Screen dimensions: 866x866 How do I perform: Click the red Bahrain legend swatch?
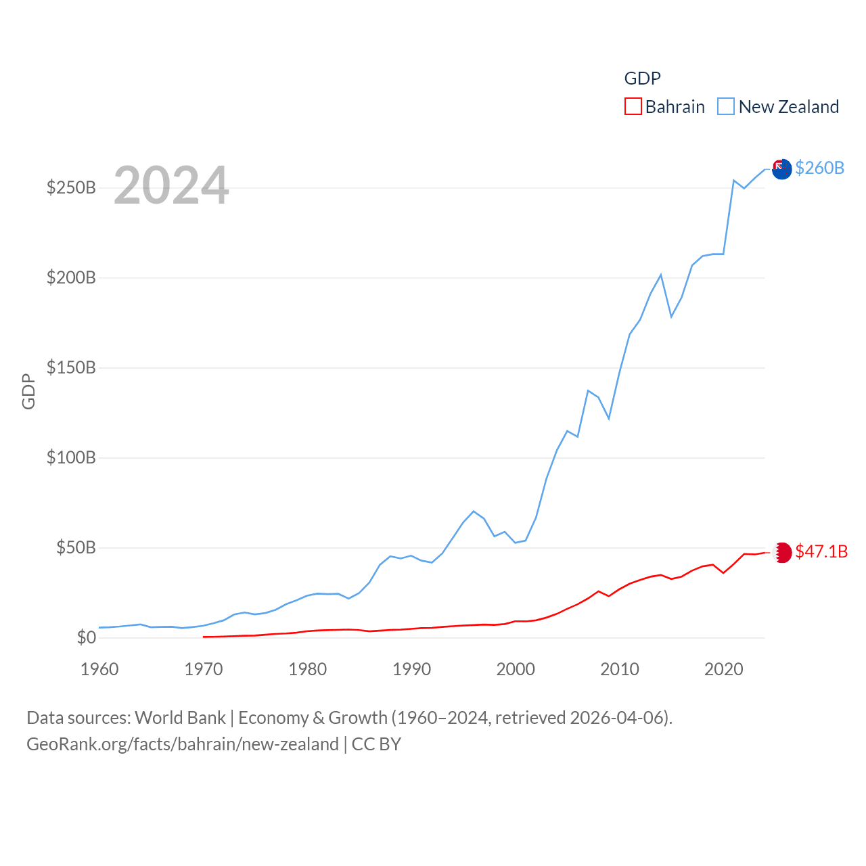point(633,107)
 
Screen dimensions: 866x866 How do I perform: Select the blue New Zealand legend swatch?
point(726,107)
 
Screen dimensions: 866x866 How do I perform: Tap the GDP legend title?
point(642,78)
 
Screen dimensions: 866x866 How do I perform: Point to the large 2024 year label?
point(171,185)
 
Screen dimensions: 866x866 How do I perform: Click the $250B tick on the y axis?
point(71,187)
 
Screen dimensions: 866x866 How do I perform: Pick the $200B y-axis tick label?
point(71,277)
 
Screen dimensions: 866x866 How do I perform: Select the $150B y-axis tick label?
point(71,367)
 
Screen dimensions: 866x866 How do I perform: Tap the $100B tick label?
point(71,457)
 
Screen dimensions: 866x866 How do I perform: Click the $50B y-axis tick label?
point(76,547)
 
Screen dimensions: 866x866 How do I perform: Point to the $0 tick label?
point(87,637)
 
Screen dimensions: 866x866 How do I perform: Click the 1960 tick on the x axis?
point(99,669)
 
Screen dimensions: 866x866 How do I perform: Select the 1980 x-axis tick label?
point(307,669)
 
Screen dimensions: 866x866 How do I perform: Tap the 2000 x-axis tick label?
point(516,669)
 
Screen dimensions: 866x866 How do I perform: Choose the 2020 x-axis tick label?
point(724,669)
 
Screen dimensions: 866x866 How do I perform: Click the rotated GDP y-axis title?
point(28,391)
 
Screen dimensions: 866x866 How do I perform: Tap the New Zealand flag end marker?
point(781,169)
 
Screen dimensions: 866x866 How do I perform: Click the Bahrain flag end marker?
point(782,552)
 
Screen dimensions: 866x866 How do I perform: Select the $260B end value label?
point(819,168)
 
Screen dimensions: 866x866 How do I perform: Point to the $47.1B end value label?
point(821,551)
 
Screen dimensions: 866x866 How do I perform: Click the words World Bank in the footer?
point(180,717)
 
